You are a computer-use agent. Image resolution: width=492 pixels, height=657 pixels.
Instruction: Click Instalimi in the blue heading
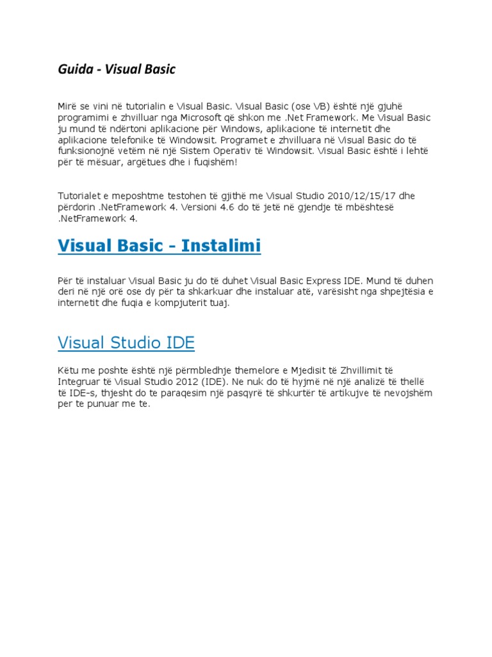(221, 246)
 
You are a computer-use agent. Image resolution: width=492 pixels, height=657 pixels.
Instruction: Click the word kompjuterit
(173, 303)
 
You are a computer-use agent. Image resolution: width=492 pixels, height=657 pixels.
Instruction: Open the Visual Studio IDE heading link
(126, 343)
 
